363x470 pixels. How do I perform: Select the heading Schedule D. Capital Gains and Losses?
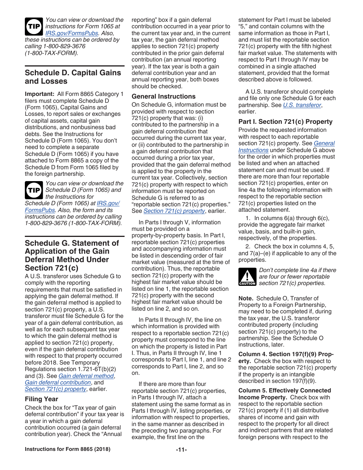point(73,77)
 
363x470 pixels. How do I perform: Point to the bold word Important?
point(39,94)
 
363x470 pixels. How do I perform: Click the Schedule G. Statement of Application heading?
point(72,255)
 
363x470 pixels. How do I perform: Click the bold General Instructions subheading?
point(164,96)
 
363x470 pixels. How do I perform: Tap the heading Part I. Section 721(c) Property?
point(285,122)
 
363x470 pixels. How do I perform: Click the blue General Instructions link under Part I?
point(324,143)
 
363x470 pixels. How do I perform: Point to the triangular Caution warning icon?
point(247,277)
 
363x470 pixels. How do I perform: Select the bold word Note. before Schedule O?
point(246,298)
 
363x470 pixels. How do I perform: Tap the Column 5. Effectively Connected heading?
point(285,391)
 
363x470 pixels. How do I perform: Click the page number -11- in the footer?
point(181,449)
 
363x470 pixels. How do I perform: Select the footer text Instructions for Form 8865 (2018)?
point(68,449)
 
